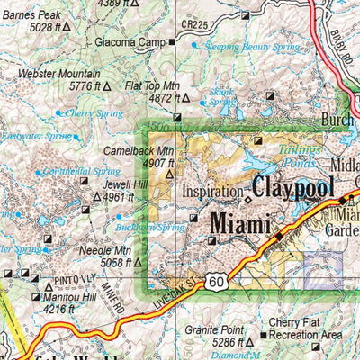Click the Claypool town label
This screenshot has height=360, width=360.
[x=293, y=188]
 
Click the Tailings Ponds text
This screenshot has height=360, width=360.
[x=298, y=155]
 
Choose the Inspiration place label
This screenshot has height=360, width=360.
[x=211, y=192]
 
